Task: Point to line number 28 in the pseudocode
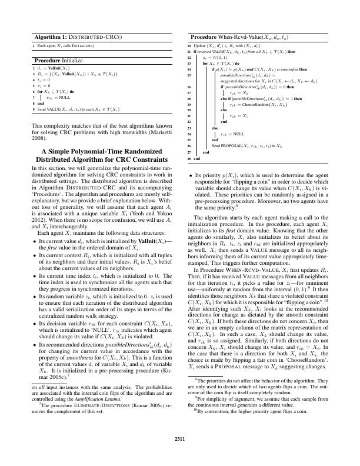[x=189, y=159]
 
